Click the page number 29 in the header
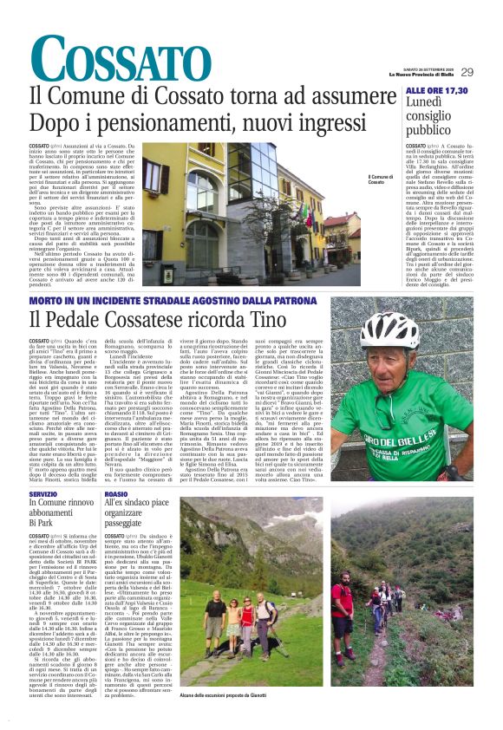pos(467,72)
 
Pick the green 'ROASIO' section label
pos(116,493)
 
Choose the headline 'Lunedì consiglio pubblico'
pos(428,117)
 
